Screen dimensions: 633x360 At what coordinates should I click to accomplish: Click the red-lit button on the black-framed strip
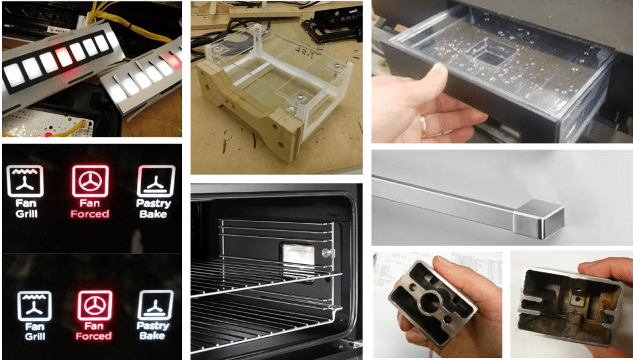[63, 57]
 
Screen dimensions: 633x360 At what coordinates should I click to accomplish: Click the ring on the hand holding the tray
[423, 121]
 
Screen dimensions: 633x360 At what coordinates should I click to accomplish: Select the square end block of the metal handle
[538, 218]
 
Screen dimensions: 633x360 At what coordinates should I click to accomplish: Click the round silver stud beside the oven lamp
[326, 252]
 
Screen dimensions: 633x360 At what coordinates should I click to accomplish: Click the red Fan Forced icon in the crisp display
[90, 181]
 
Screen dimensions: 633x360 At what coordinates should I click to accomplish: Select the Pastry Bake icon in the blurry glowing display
[155, 305]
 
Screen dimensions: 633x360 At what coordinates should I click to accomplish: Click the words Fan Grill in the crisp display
[26, 208]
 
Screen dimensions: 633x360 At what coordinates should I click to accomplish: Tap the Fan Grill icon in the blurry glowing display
[34, 306]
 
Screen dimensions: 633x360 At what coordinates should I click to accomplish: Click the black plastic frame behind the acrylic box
[330, 25]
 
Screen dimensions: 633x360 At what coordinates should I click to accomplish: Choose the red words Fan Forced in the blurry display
[93, 330]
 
